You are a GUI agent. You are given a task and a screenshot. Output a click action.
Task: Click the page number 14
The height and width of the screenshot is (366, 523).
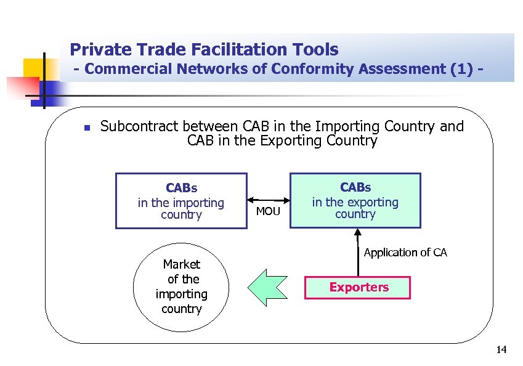pyautogui.click(x=501, y=351)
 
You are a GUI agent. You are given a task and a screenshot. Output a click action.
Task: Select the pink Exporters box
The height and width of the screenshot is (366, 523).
pyautogui.click(x=358, y=288)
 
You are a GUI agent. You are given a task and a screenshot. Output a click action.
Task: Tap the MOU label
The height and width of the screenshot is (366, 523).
pyautogui.click(x=268, y=212)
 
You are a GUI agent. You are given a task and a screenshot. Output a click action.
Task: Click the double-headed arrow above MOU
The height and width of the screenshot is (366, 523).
pyautogui.click(x=269, y=200)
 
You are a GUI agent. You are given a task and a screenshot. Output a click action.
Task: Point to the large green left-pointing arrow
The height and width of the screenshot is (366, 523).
pyautogui.click(x=267, y=287)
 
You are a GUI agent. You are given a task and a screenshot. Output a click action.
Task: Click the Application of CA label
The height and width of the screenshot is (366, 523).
pyautogui.click(x=405, y=253)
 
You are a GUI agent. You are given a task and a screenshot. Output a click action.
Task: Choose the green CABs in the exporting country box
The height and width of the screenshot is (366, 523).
pyautogui.click(x=355, y=200)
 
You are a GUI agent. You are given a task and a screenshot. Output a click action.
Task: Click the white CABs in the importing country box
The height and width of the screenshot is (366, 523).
pyautogui.click(x=181, y=201)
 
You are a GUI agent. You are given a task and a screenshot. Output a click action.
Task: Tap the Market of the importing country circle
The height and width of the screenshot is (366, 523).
pyautogui.click(x=181, y=287)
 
